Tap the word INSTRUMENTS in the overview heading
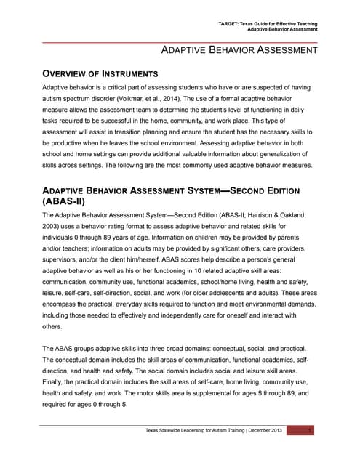tap(125, 74)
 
